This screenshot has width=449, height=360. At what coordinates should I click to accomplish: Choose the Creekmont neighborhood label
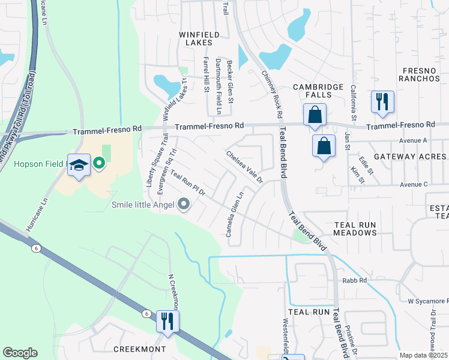tap(139, 349)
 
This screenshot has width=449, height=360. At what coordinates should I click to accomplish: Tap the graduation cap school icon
tap(79, 165)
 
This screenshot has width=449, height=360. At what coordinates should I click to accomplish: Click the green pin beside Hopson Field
tap(99, 162)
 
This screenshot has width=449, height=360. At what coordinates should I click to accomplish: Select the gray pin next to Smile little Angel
tap(184, 205)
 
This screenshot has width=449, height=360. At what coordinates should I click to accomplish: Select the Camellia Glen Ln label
tap(234, 214)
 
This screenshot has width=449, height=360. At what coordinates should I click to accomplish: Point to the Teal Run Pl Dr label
tap(188, 184)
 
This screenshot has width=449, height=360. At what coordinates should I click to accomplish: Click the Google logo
tap(20, 353)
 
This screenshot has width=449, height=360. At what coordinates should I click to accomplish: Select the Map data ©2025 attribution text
tap(423, 355)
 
